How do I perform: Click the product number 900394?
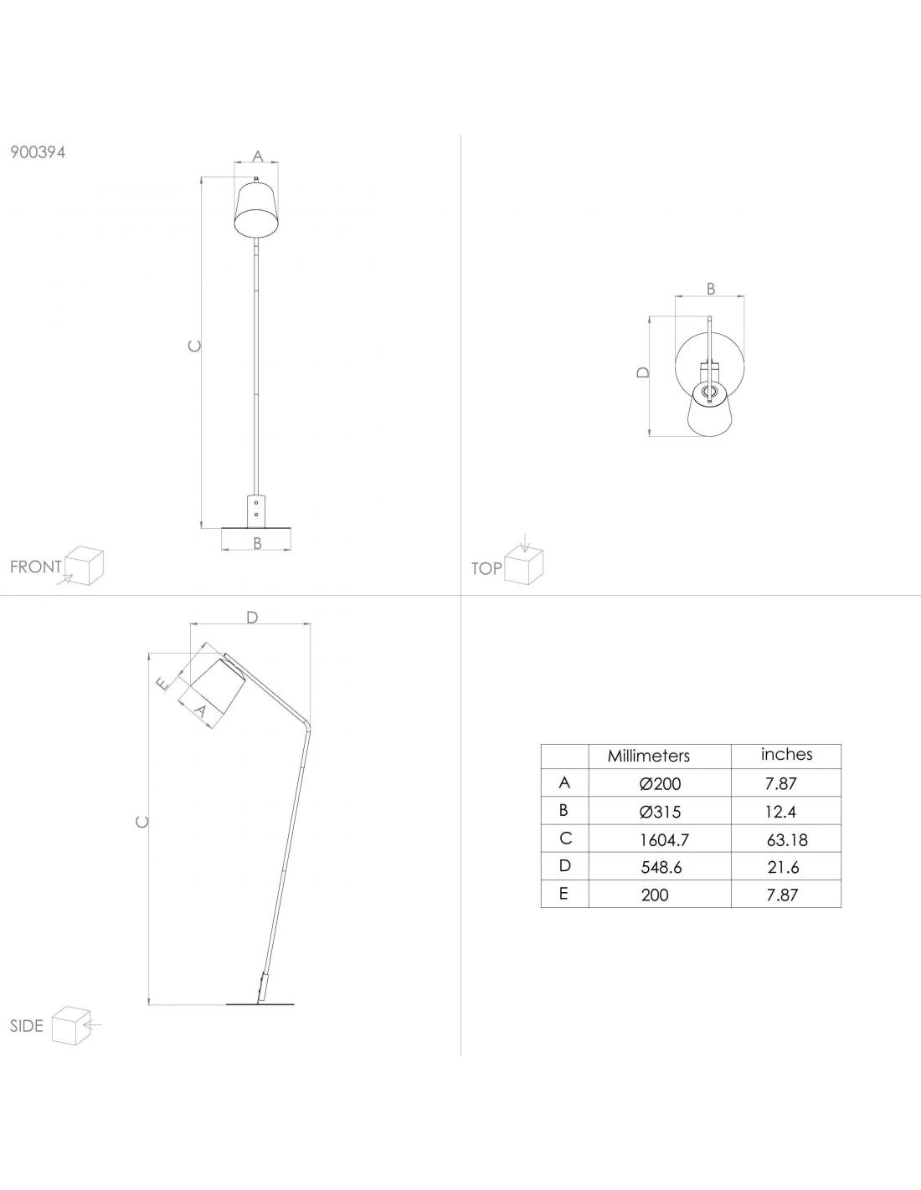click(x=38, y=152)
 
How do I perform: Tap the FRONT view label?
click(x=36, y=567)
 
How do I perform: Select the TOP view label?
click(x=486, y=569)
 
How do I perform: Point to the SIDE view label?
click(x=26, y=1026)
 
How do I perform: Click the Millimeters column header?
click(x=649, y=757)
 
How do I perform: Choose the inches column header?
click(x=786, y=754)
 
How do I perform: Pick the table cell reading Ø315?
click(x=661, y=812)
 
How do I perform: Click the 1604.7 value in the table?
click(x=664, y=839)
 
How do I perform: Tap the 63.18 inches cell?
click(x=787, y=839)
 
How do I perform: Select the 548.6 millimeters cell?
click(x=661, y=867)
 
